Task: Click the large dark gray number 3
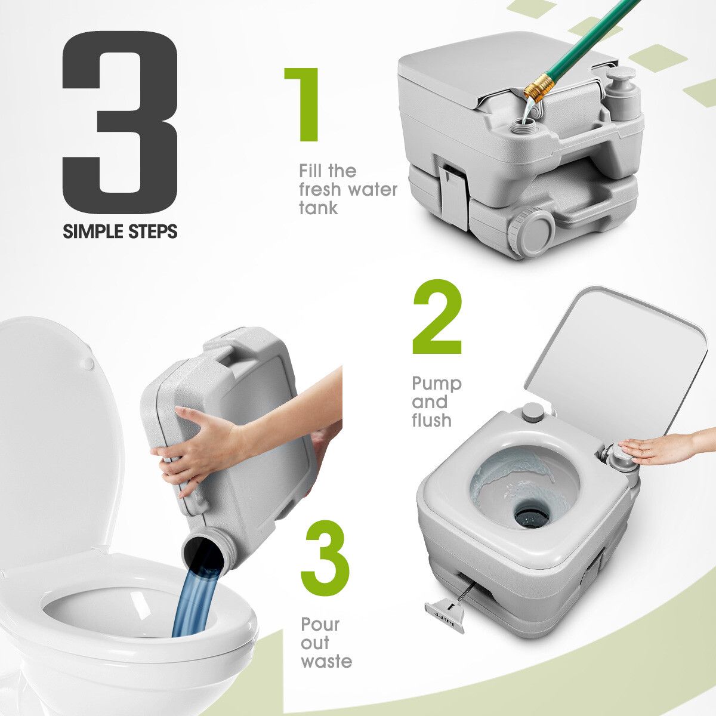[x=121, y=123]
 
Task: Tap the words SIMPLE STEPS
[x=120, y=231]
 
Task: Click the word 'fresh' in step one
[x=320, y=190]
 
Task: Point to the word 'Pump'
[x=437, y=384]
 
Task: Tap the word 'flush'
[x=431, y=420]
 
